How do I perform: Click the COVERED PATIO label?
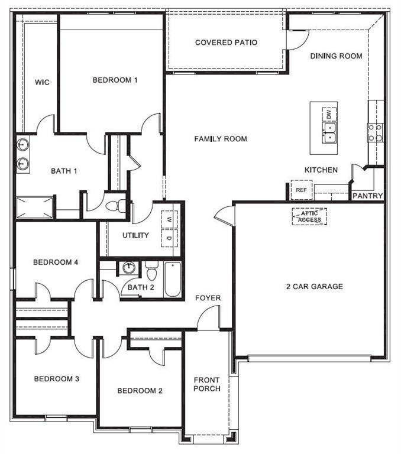click(x=226, y=43)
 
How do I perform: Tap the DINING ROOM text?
click(x=336, y=56)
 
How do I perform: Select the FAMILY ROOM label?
click(x=221, y=139)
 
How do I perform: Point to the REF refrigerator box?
click(x=301, y=190)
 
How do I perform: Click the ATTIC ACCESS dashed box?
click(x=309, y=217)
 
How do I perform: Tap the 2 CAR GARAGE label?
click(x=314, y=287)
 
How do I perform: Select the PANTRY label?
click(x=367, y=196)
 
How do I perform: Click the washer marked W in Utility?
click(x=169, y=219)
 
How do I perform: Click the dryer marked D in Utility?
click(x=169, y=238)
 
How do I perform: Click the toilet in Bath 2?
click(x=151, y=274)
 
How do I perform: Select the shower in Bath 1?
click(x=35, y=208)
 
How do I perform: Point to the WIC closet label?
click(x=42, y=82)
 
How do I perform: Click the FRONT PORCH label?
click(x=206, y=384)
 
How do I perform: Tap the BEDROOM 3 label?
click(x=56, y=379)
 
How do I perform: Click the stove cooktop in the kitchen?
click(x=375, y=132)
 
